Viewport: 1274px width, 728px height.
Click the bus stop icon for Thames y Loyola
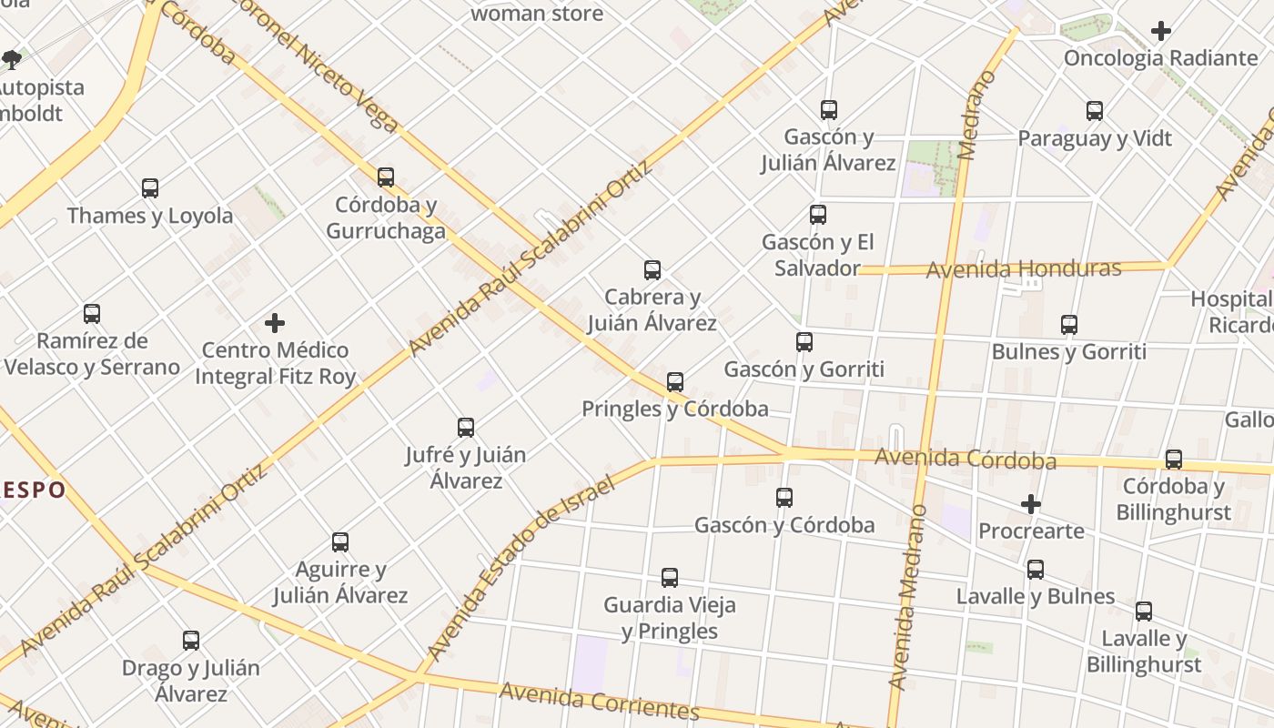(150, 188)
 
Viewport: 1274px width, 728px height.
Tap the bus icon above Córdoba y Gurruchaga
(386, 177)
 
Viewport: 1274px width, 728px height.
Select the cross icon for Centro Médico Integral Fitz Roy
(275, 323)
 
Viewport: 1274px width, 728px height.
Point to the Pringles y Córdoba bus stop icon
(675, 382)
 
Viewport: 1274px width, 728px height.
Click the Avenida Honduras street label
(1023, 269)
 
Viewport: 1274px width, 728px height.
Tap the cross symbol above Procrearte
(1030, 504)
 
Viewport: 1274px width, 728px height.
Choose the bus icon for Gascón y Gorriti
(804, 342)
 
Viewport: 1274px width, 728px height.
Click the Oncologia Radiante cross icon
(1160, 31)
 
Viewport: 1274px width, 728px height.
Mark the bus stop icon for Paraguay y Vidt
(1095, 111)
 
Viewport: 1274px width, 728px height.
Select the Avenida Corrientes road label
(599, 700)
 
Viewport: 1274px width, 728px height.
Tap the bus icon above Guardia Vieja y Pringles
(670, 578)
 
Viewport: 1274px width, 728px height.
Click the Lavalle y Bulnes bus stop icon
(1036, 570)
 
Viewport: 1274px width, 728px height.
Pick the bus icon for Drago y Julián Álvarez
(191, 641)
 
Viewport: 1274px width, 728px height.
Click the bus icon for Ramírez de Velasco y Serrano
(92, 314)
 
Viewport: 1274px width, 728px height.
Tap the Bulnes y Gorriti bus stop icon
(1069, 325)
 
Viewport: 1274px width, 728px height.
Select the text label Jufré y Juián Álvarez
(465, 467)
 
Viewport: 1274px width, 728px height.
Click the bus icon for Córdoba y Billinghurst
(1174, 460)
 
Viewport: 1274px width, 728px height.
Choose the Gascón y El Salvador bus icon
(818, 215)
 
